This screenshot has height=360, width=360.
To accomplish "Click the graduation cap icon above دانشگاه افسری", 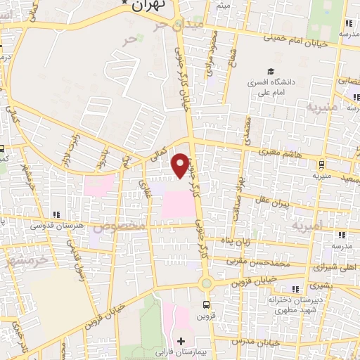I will (270, 72).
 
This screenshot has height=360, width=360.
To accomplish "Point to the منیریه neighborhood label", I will (323, 106).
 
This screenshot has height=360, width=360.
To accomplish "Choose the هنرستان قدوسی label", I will (58, 225).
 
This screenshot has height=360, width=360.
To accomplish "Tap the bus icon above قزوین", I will (206, 304).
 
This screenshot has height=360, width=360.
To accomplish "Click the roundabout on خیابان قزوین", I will (206, 284).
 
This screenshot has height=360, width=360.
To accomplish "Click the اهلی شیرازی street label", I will (324, 268).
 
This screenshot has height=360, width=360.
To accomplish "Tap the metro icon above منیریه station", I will (321, 165).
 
